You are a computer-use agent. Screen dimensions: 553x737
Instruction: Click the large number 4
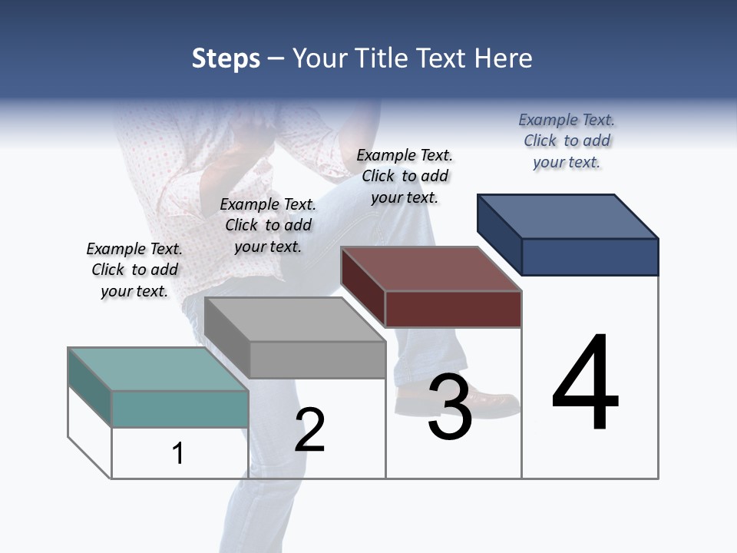585,383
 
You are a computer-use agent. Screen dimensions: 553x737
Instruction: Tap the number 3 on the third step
450,407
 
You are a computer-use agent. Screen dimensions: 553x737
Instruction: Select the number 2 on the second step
310,430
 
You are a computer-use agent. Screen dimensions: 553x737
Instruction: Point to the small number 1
178,454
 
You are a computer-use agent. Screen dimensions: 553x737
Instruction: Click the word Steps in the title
226,58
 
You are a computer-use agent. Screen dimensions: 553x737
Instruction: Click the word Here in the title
504,58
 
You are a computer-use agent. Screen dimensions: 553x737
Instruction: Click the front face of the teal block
180,409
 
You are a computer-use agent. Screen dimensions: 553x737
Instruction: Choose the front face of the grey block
317,359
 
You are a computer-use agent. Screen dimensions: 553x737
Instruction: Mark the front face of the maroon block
453,309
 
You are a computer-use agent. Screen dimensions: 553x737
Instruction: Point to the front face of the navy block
590,257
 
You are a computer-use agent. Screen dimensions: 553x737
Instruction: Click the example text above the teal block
134,270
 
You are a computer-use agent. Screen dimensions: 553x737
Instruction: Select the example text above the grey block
268,225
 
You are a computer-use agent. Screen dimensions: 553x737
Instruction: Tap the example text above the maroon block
405,176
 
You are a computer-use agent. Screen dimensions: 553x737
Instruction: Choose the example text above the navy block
567,141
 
